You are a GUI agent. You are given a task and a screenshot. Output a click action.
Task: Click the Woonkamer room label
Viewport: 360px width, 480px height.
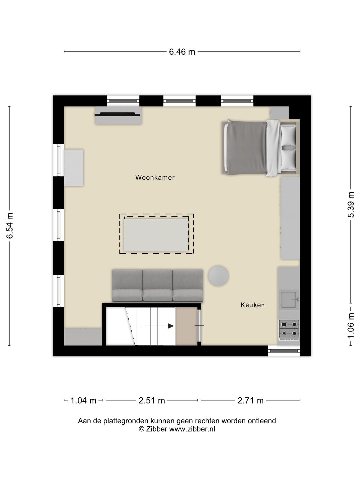tap(155, 178)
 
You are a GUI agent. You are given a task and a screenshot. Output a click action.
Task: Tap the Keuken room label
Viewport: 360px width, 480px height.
tap(252, 305)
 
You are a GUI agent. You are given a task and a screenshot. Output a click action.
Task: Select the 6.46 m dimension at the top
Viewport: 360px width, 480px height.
tap(182, 52)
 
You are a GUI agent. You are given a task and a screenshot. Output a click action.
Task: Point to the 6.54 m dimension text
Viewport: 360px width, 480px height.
tap(10, 226)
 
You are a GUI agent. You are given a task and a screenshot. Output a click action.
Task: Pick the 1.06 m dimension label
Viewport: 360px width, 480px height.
tap(350, 325)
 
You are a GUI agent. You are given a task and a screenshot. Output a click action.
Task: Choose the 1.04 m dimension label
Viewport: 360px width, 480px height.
tap(83, 400)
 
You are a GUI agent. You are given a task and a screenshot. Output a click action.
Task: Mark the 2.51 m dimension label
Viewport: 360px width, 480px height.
tap(152, 400)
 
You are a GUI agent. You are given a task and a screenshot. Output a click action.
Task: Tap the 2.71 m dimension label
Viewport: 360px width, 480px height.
tap(250, 400)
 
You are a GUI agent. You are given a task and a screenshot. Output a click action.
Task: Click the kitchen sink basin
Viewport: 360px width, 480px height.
tap(289, 300)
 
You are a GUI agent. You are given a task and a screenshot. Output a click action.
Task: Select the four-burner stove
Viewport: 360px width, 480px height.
tap(289, 328)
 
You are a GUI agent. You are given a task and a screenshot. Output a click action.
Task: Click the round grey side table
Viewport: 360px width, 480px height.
tap(218, 276)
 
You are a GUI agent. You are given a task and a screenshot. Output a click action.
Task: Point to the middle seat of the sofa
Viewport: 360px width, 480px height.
tap(157, 285)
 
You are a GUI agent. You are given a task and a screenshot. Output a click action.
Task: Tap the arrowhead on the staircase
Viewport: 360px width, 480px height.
tap(171, 326)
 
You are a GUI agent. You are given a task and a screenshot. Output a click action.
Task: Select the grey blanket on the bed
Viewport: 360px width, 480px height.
tap(246, 147)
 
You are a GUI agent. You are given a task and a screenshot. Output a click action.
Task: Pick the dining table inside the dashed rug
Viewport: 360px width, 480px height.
tap(156, 235)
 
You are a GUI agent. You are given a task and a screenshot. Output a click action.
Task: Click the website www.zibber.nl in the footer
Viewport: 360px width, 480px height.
tap(192, 429)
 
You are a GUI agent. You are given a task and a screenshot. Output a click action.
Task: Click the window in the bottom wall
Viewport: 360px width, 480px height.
tap(284, 350)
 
